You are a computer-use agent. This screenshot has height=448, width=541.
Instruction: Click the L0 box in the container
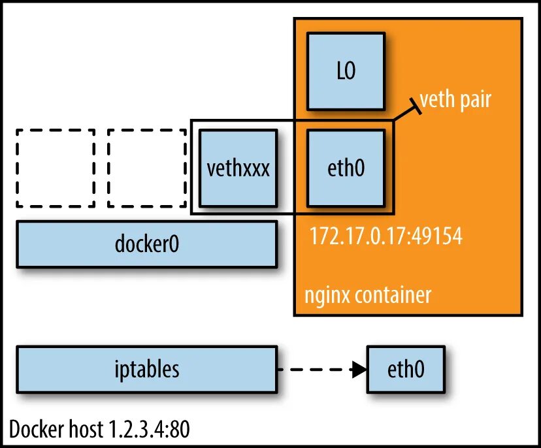tap(346, 71)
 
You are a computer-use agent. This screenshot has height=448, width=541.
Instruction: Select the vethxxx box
tap(238, 168)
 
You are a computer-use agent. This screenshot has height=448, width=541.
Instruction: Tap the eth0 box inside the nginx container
tap(345, 168)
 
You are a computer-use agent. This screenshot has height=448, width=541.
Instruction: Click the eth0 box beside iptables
tap(406, 370)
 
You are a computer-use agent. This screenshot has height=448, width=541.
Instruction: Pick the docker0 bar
tap(146, 244)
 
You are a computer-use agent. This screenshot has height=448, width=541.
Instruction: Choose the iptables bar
tap(146, 370)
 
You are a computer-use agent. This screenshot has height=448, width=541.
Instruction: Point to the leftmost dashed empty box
tap(56, 168)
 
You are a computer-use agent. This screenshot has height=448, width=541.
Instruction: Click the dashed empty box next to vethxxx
tap(147, 168)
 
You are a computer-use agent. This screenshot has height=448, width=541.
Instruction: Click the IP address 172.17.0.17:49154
tap(385, 236)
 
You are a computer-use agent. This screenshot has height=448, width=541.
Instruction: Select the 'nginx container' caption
tap(368, 295)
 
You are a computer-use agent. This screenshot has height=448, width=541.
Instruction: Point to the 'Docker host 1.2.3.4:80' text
tap(100, 429)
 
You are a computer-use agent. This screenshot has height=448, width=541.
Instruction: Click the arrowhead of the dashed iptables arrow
tap(359, 370)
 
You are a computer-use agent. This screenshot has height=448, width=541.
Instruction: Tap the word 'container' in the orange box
tap(394, 295)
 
